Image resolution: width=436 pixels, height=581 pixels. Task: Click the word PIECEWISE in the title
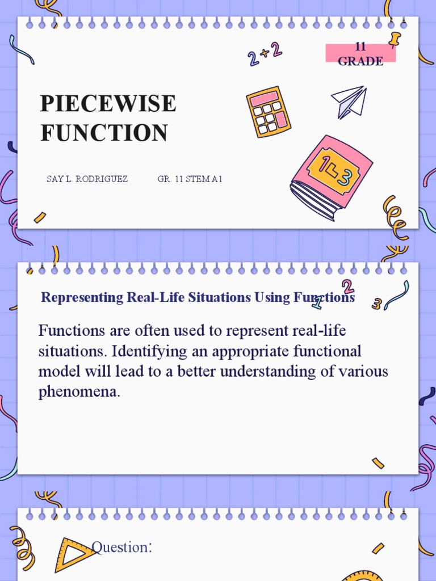pyautogui.click(x=108, y=104)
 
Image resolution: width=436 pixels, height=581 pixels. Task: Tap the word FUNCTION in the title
pyautogui.click(x=104, y=133)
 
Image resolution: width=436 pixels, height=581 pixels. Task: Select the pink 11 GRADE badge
pyautogui.click(x=360, y=54)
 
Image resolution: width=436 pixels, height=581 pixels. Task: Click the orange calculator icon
pyautogui.click(x=268, y=112)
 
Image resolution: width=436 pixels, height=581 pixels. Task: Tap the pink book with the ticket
pyautogui.click(x=331, y=176)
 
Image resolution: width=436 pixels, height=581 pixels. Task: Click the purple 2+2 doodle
pyautogui.click(x=265, y=54)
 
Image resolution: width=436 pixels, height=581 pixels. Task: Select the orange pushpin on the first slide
pyautogui.click(x=394, y=40)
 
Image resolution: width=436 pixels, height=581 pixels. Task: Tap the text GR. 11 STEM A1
pyautogui.click(x=190, y=179)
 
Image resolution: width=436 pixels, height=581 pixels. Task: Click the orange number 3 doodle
pyautogui.click(x=376, y=304)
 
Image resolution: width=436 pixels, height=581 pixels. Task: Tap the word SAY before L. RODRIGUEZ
pyautogui.click(x=54, y=179)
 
